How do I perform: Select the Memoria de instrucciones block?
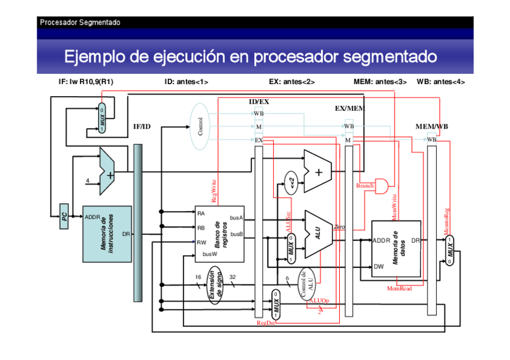pos(106,234)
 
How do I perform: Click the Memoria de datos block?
pos(396,248)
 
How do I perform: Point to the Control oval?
pos(200,126)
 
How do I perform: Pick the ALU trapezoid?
pos(318,232)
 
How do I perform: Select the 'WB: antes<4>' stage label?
pos(440,82)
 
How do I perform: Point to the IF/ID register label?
pos(142,127)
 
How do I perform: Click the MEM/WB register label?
pos(431,127)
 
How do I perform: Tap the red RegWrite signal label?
pos(214,191)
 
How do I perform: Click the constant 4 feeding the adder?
pos(88,180)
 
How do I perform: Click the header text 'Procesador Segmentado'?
pos(80,22)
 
